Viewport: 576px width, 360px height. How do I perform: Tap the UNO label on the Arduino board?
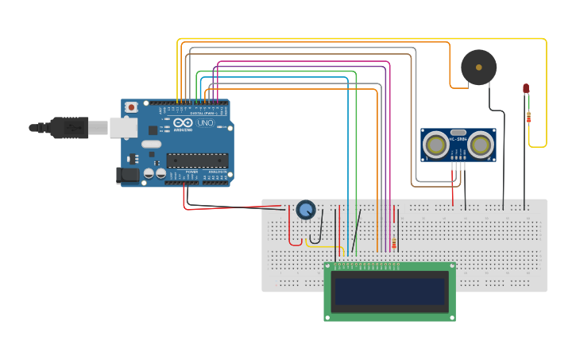[x=205, y=123]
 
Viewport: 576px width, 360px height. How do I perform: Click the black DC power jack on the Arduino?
[x=127, y=176]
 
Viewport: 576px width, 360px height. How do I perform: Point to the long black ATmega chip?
[x=197, y=160]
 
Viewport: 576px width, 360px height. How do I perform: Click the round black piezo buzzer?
[x=478, y=66]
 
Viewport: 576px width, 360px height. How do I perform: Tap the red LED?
[x=526, y=88]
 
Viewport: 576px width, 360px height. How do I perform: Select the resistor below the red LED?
[x=529, y=118]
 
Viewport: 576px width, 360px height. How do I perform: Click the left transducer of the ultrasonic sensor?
[x=435, y=145]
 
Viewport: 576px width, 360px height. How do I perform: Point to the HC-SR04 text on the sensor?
[x=458, y=141]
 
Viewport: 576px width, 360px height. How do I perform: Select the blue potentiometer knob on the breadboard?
[x=306, y=210]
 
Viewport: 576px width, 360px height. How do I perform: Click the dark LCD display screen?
[x=389, y=291]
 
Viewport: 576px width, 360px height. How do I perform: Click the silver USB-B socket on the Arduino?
[x=122, y=127]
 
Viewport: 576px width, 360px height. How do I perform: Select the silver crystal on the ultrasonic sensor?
[x=458, y=133]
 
